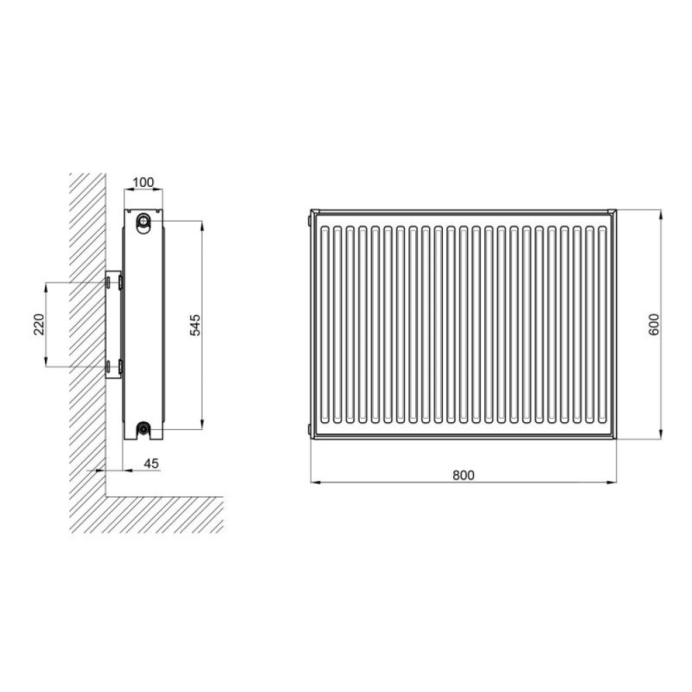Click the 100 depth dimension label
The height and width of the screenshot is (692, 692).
pyautogui.click(x=143, y=182)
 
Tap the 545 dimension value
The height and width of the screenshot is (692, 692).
pyautogui.click(x=195, y=325)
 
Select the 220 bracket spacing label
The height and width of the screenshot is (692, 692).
pyautogui.click(x=39, y=325)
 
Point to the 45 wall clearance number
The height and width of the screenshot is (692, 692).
pyautogui.click(x=152, y=464)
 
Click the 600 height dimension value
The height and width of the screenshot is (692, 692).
pyautogui.click(x=654, y=325)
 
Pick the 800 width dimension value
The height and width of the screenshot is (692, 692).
pyautogui.click(x=464, y=475)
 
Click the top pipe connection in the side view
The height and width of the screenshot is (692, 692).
pyautogui.click(x=143, y=220)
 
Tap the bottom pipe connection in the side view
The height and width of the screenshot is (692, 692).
pyautogui.click(x=143, y=428)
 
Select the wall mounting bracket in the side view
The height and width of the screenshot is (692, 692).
pyautogui.click(x=113, y=325)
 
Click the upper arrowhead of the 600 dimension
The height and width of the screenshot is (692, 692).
pyautogui.click(x=660, y=215)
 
